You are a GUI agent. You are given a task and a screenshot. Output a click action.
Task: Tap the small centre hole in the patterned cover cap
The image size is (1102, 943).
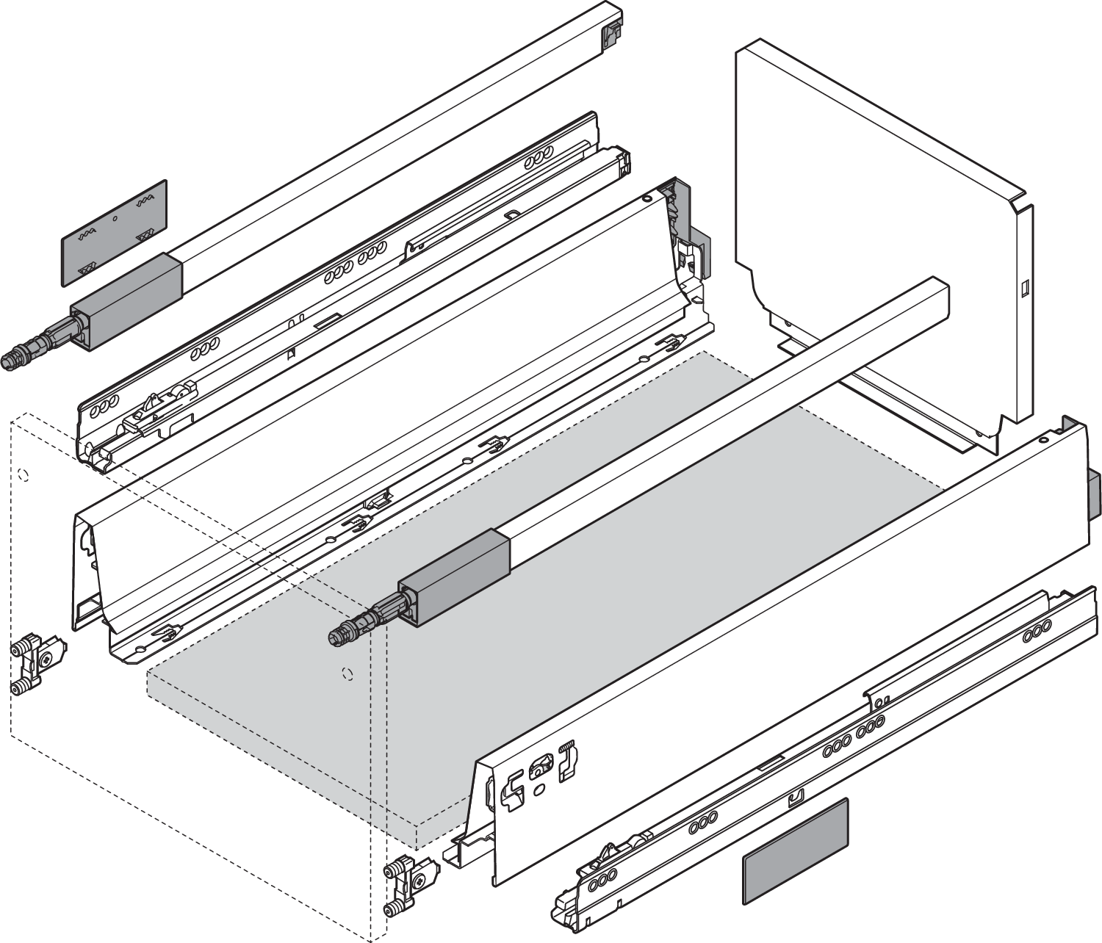pos(115,219)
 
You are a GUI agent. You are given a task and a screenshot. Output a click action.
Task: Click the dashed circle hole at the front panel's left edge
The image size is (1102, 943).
pos(24,474)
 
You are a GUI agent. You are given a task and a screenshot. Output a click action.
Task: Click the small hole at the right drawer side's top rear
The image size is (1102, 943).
pos(1042,441)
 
